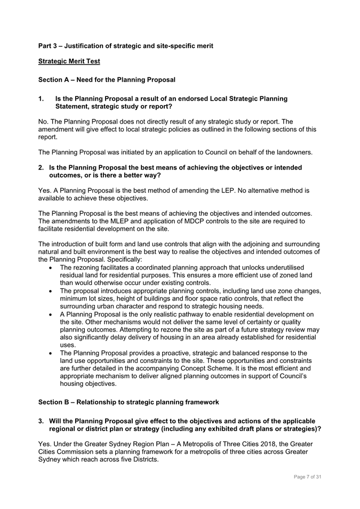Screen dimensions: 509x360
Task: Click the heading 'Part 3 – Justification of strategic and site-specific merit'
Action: [x=125, y=46]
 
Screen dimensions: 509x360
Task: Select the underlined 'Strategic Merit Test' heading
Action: [x=69, y=61]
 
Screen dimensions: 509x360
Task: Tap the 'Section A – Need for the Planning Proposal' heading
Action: [x=107, y=80]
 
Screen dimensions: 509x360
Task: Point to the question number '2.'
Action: [x=41, y=167]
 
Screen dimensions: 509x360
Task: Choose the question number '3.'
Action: [x=41, y=421]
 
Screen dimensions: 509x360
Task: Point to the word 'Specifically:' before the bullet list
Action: [x=121, y=260]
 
